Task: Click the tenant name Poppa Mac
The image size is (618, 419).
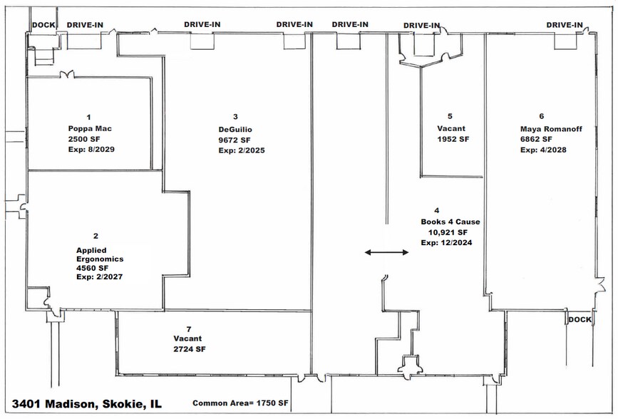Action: (x=90, y=128)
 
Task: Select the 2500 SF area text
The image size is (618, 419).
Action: (x=84, y=139)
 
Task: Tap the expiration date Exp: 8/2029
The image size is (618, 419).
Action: (x=91, y=150)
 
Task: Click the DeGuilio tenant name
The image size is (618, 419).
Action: (x=235, y=129)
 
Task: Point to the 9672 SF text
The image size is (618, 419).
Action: (x=235, y=140)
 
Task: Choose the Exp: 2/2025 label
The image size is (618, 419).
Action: (x=242, y=150)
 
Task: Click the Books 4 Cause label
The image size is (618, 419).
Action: (x=450, y=222)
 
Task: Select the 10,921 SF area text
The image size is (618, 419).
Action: (x=448, y=232)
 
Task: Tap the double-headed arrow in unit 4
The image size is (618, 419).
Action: (x=386, y=252)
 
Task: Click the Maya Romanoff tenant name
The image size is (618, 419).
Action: (x=551, y=129)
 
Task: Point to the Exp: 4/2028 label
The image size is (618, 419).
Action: (x=543, y=150)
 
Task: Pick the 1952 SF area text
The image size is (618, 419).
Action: (x=453, y=139)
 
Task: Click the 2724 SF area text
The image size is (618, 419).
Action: (x=190, y=349)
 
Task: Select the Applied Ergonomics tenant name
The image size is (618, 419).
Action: (x=100, y=254)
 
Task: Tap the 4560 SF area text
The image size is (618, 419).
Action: (x=92, y=268)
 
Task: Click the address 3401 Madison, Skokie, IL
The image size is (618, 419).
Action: (x=87, y=404)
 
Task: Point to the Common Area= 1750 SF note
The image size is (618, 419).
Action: (x=240, y=403)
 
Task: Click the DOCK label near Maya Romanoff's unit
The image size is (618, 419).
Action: (x=580, y=320)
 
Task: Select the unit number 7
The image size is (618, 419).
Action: (x=189, y=329)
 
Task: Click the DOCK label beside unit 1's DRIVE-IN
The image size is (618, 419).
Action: (x=43, y=25)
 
